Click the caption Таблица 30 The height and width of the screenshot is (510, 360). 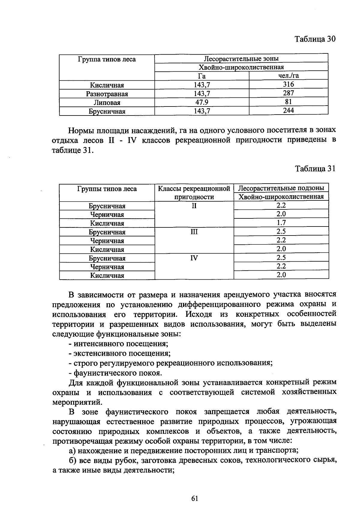[x=315, y=39]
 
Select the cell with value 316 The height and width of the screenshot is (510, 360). [x=288, y=85]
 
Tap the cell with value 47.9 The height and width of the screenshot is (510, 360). [x=202, y=102]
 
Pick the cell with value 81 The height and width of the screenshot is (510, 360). [x=288, y=102]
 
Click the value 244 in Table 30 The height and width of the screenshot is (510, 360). [x=288, y=111]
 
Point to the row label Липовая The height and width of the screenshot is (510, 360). [x=107, y=103]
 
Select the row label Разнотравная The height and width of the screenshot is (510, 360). [x=107, y=94]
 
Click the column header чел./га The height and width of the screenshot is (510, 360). [x=288, y=76]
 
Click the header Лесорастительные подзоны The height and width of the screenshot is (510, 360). [x=281, y=188]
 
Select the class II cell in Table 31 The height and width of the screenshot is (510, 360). [x=194, y=206]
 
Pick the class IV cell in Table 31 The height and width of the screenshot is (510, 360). [x=194, y=258]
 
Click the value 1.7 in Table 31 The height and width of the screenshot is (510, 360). [x=281, y=223]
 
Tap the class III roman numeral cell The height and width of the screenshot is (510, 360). [x=194, y=232]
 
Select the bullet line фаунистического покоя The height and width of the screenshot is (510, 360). [x=115, y=373]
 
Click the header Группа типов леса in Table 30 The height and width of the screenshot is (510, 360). [x=107, y=59]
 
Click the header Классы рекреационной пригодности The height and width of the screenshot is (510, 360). [x=194, y=193]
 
